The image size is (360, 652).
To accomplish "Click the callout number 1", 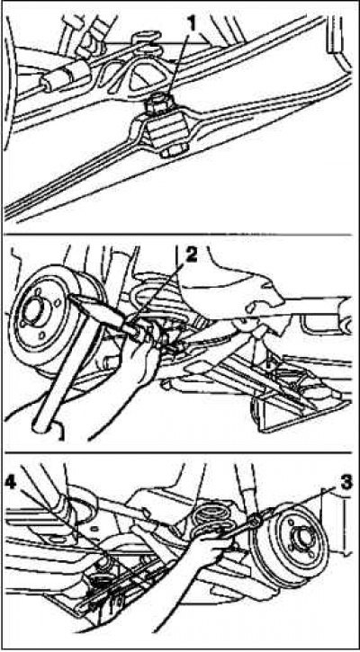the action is (191, 25).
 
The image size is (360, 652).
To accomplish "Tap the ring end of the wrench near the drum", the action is (255, 519).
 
